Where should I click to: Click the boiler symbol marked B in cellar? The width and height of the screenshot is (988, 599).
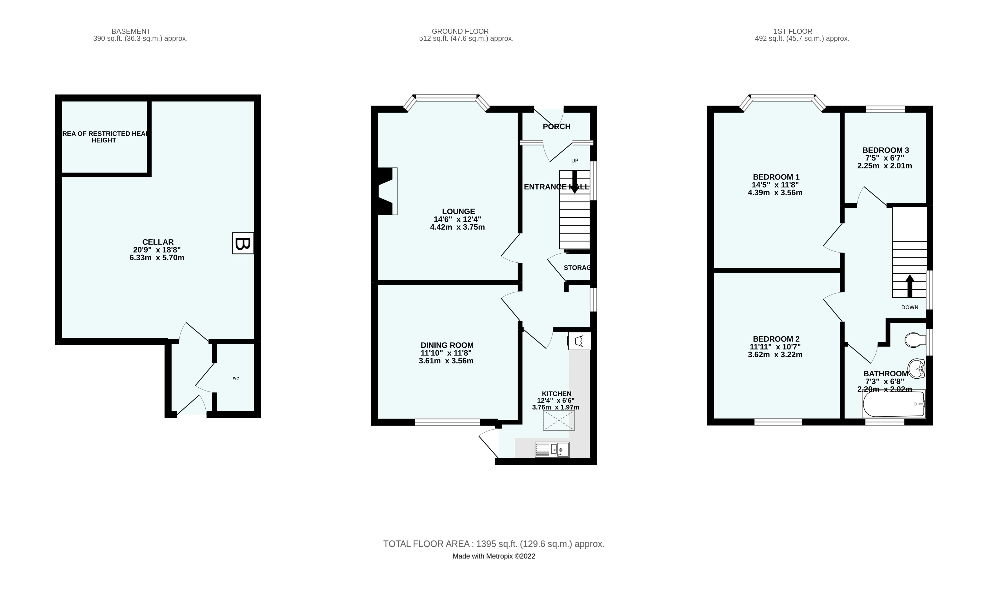[x=243, y=243]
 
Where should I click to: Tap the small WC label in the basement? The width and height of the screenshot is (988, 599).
[x=236, y=378]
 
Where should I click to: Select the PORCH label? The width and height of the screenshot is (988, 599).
[x=557, y=127]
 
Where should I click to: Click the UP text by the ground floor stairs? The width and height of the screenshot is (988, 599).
[x=575, y=161]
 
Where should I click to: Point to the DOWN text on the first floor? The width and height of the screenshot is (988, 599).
[x=910, y=307]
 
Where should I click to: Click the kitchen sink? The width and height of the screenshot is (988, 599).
[x=552, y=449]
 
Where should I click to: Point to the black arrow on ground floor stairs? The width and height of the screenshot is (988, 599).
[x=575, y=182]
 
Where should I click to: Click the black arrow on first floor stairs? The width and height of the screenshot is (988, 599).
[x=910, y=285]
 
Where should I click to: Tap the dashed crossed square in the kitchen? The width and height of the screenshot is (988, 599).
[x=559, y=420]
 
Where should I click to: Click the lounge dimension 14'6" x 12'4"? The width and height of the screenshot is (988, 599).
[x=457, y=219]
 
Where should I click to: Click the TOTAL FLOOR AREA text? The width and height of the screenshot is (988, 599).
[x=494, y=544]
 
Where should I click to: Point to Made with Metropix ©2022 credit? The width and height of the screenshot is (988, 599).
[x=494, y=556]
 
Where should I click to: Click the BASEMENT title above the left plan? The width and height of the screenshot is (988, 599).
[x=131, y=31]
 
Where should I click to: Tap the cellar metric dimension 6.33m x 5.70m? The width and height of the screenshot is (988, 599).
[x=157, y=258]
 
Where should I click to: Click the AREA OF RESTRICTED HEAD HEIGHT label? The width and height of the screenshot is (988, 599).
[x=104, y=137]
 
